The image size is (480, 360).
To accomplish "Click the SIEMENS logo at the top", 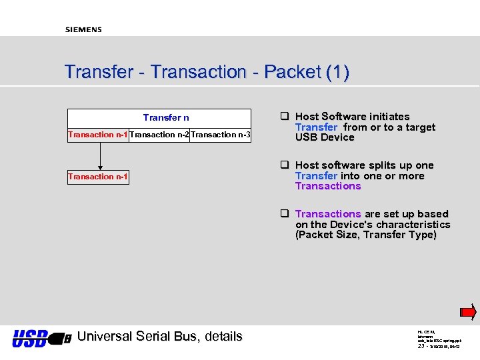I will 83,29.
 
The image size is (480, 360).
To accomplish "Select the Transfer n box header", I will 166,117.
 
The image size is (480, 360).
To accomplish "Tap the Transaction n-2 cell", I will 159,135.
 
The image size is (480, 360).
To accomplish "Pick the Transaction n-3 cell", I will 221,135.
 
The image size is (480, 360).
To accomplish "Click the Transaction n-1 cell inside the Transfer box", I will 98,135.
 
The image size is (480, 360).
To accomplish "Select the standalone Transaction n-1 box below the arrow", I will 98,177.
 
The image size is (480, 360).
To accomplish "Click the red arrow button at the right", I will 469,311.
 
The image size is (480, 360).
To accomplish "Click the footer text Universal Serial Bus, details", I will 160,336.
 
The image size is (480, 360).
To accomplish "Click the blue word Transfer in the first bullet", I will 317,127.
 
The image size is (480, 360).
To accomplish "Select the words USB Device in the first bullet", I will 325,137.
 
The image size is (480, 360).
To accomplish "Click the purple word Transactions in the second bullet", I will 328,186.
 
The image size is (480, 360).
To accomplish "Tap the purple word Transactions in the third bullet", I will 328,214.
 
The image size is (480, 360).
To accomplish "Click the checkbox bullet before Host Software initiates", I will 284,117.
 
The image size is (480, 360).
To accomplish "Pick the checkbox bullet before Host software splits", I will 284,165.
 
